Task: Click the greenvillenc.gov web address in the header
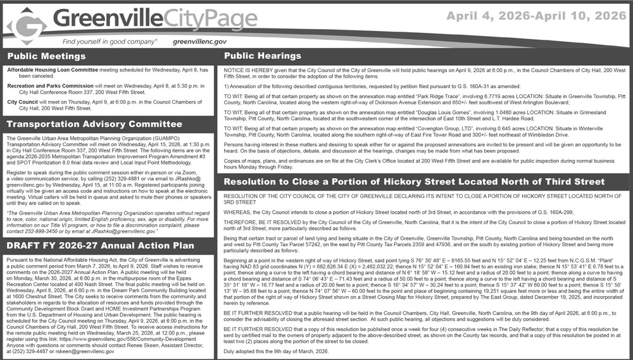(199, 41)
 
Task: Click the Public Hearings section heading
(263, 56)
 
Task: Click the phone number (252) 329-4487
(26, 352)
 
